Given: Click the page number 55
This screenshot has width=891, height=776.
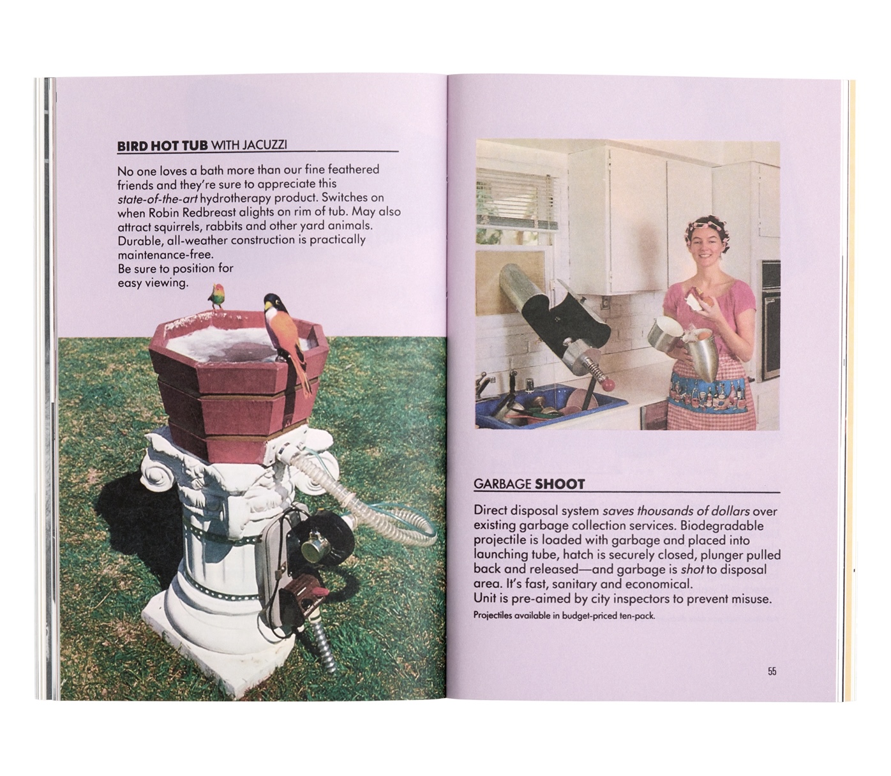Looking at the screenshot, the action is click(772, 671).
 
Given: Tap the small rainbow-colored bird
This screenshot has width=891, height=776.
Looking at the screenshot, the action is click(216, 295).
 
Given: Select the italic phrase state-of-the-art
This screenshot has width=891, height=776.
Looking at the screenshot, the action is click(158, 198).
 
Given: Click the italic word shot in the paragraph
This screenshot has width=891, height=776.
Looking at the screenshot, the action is click(693, 570).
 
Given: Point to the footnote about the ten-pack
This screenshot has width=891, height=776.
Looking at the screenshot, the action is click(564, 616).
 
